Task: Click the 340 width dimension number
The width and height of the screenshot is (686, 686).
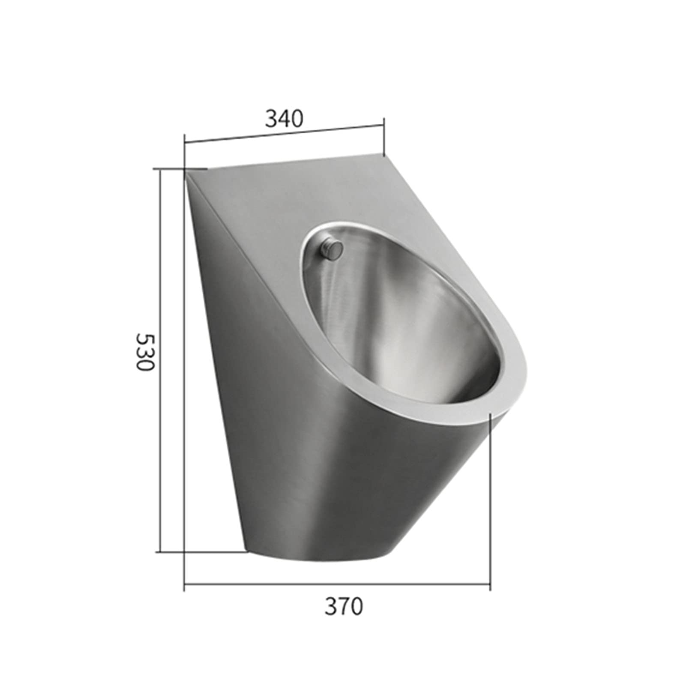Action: click(284, 119)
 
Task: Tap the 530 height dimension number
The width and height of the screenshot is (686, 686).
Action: click(144, 353)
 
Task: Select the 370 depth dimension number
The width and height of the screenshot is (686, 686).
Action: click(344, 606)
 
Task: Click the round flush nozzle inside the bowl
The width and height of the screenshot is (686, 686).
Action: click(333, 249)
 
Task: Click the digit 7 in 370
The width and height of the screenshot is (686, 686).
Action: click(344, 606)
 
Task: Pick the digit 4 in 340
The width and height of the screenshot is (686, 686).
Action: click(284, 119)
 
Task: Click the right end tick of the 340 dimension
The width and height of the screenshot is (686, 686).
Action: click(383, 137)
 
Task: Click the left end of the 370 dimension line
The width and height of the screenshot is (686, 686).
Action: click(185, 584)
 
